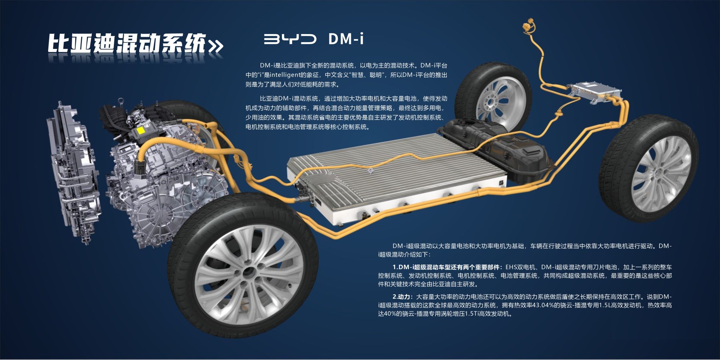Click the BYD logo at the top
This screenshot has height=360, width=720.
[x=290, y=39]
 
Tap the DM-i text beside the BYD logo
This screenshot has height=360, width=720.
[x=346, y=39]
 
